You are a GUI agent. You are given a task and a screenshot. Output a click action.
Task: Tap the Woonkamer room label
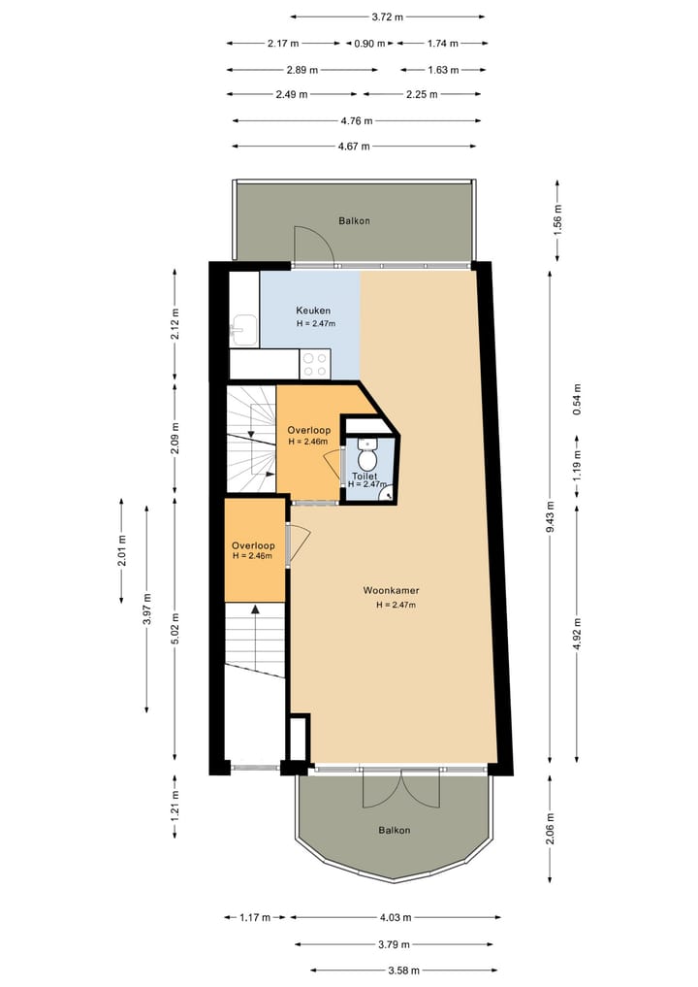pos(391,590)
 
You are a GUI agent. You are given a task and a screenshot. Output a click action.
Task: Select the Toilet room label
pos(364,477)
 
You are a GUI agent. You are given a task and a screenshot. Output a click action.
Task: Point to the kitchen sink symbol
pos(244,331)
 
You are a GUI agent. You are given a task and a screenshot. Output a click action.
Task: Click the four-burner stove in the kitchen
pos(316,364)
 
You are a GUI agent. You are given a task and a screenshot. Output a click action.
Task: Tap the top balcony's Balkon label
pos(354,221)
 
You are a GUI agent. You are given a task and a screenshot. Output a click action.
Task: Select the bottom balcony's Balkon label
pos(394,830)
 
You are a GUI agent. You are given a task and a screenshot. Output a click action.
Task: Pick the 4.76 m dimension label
pos(358,121)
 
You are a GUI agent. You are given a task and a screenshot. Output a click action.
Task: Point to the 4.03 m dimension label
pos(396,917)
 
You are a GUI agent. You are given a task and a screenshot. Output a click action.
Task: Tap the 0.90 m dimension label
pos(369,44)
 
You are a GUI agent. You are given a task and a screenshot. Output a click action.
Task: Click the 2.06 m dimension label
pos(551,827)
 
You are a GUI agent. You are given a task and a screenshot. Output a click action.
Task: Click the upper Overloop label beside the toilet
pos(309,430)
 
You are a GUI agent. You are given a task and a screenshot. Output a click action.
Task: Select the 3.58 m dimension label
pos(403,969)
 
